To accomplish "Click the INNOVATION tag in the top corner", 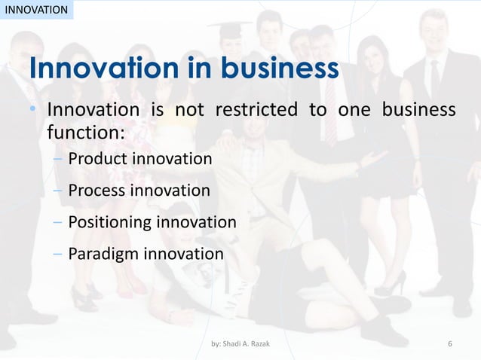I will [x=35, y=10].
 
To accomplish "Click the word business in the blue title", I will [x=279, y=69].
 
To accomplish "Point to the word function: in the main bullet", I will [x=86, y=133].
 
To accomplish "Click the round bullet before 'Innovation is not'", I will [x=33, y=111].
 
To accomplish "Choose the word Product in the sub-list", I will [x=97, y=159].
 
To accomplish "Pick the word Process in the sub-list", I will [x=97, y=191].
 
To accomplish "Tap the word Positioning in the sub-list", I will [x=109, y=222].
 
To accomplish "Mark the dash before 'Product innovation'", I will [x=58, y=159].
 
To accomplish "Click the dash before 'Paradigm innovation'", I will [x=58, y=254].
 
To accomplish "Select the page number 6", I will [x=450, y=344].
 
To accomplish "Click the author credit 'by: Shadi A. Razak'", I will [x=240, y=344].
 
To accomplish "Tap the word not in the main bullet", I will [x=189, y=110].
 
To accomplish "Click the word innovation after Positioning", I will [x=196, y=222].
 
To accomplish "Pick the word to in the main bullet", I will [x=317, y=110].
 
